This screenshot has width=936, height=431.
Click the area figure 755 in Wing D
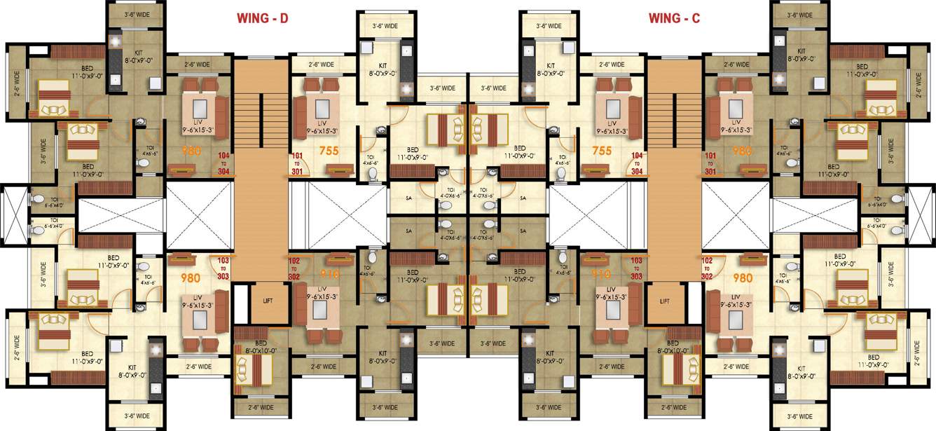pyautogui.click(x=329, y=149)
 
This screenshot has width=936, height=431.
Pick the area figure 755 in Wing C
pyautogui.click(x=602, y=149)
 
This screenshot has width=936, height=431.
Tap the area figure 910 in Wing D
pyautogui.click(x=330, y=274)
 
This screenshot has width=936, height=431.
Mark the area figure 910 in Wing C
pyautogui.click(x=601, y=274)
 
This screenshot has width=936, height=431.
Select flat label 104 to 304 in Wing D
pyautogui.click(x=224, y=164)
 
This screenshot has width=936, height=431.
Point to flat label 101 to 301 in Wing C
pyautogui.click(x=710, y=164)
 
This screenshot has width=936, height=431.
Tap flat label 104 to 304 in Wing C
pyautogui.click(x=637, y=164)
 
